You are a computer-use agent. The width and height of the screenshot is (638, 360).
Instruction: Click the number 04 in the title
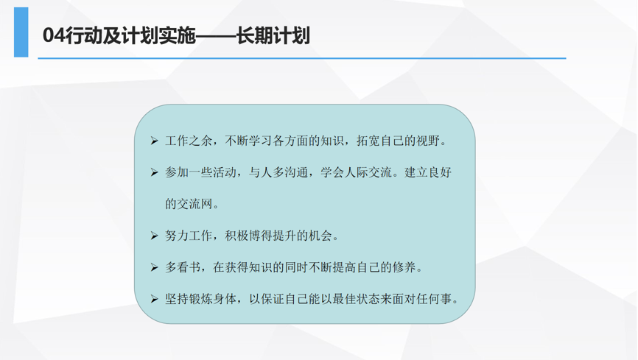54,35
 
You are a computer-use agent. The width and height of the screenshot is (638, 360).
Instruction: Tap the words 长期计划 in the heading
273,35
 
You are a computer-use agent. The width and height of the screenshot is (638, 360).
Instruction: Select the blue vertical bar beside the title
21,32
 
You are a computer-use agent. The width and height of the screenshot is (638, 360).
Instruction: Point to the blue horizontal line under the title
302,58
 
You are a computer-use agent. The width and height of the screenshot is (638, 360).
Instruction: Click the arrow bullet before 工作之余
154,141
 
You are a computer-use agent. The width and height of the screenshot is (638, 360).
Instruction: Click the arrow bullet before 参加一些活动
154,172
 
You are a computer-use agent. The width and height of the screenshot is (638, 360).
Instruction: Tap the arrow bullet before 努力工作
154,236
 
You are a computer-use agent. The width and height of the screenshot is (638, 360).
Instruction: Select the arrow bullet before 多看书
154,267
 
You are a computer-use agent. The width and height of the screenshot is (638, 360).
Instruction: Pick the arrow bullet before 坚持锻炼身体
154,299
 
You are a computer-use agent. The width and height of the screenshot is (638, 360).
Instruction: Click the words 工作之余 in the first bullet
189,141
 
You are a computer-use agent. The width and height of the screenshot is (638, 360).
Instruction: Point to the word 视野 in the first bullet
428,141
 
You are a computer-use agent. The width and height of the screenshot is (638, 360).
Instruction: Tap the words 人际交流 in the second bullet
368,172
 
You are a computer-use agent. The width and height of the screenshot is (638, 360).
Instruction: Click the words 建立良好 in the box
428,172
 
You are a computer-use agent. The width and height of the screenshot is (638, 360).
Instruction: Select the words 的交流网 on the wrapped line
189,204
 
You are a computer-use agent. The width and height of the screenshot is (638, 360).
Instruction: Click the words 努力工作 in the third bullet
189,236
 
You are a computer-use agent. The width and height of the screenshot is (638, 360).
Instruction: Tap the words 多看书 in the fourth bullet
183,267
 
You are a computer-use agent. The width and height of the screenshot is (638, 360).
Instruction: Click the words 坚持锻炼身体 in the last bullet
200,299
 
